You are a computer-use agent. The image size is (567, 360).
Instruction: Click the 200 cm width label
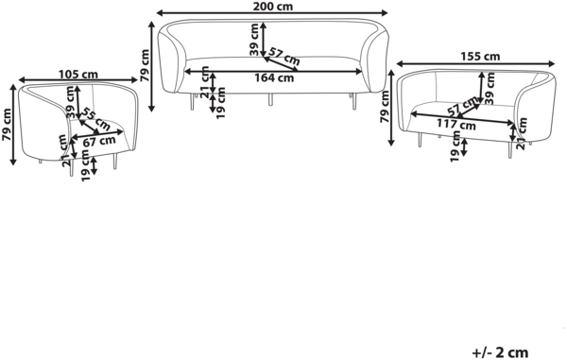(x=273, y=7)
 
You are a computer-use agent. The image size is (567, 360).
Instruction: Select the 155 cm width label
(x=480, y=57)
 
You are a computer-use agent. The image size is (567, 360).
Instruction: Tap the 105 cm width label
(x=78, y=74)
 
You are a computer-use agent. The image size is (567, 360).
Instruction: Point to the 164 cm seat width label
(x=274, y=77)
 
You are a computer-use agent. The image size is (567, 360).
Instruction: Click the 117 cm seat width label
(x=456, y=125)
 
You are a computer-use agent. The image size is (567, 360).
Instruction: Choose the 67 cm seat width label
(x=99, y=141)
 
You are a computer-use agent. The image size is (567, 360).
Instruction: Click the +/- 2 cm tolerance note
(x=500, y=352)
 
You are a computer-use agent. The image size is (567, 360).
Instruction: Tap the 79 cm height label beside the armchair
(x=7, y=125)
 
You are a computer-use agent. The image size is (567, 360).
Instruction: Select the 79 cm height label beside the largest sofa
(x=144, y=65)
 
